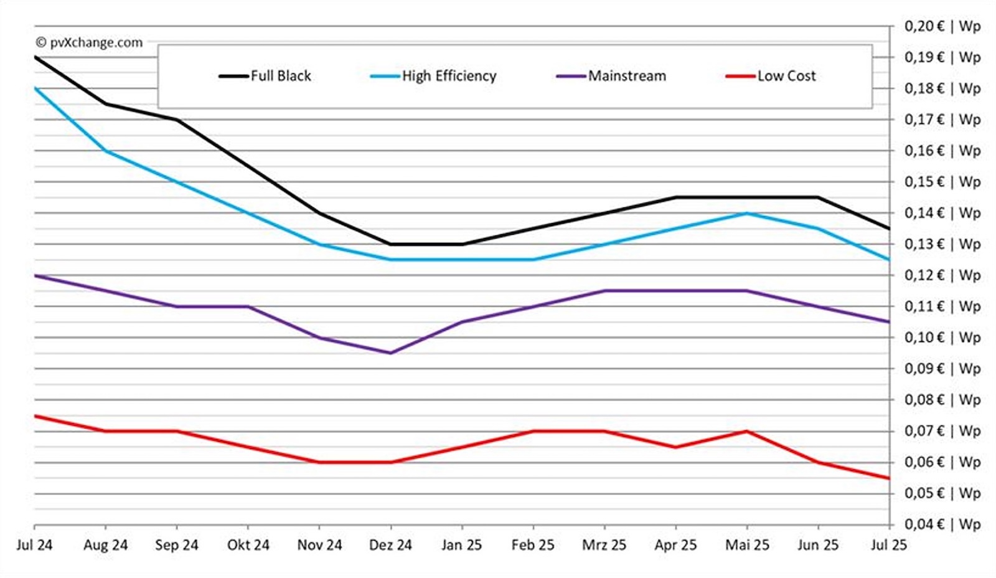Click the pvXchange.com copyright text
click(89, 42)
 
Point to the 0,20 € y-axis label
click(942, 26)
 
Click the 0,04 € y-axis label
click(942, 524)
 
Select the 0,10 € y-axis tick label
click(942, 338)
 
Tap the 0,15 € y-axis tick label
click(942, 182)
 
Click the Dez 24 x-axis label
click(390, 545)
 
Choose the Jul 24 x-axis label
click(34, 545)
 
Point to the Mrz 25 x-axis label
click(604, 545)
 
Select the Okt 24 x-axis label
click(248, 545)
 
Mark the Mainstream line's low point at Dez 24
click(390, 353)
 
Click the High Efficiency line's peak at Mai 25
click(746, 213)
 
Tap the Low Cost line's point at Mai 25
click(746, 431)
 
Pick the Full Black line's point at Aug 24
click(105, 103)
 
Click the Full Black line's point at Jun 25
click(818, 197)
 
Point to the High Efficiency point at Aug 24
click(105, 151)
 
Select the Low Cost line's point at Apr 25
click(675, 447)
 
